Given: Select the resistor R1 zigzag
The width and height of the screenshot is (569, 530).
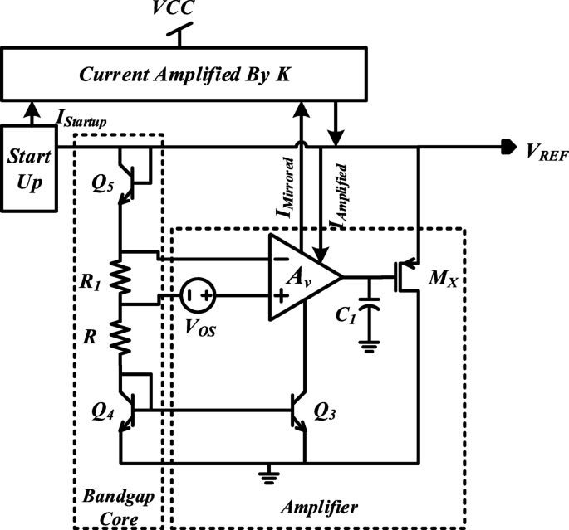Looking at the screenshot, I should [x=120, y=280].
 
